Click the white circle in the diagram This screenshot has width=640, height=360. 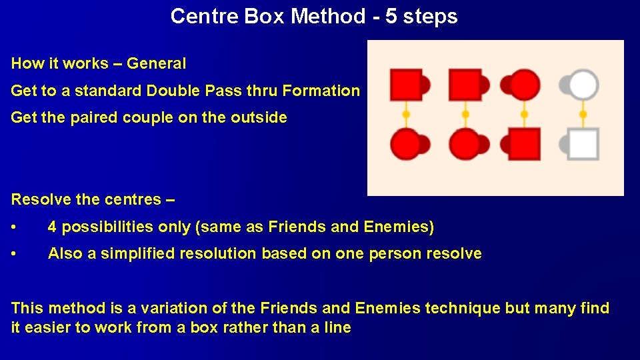coord(584,85)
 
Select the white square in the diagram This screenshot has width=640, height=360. coord(584,144)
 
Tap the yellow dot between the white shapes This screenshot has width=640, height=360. coord(583,114)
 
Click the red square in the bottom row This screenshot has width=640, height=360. coord(525,144)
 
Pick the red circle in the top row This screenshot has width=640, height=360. coord(525,85)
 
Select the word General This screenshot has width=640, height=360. coord(157,64)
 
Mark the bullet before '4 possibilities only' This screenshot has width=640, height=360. coord(15,228)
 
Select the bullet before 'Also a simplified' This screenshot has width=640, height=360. coord(15,254)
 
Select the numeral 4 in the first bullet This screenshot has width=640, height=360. coord(53,227)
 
